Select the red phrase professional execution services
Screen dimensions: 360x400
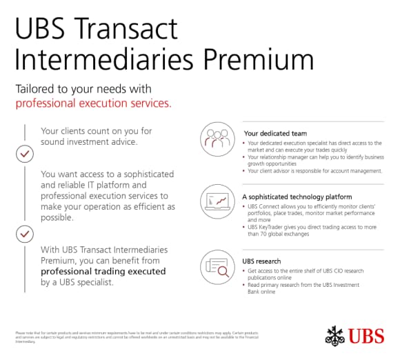coord(93,103)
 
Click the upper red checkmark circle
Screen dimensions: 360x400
coord(24,153)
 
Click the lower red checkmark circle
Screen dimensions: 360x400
coord(24,236)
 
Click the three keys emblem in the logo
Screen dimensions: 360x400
coord(335,335)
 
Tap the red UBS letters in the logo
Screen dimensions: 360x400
coord(368,337)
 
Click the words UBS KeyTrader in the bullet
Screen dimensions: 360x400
coord(268,227)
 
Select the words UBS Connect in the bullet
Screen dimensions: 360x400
coord(265,207)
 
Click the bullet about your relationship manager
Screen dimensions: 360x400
coord(310,160)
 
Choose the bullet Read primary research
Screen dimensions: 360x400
coord(303,288)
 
